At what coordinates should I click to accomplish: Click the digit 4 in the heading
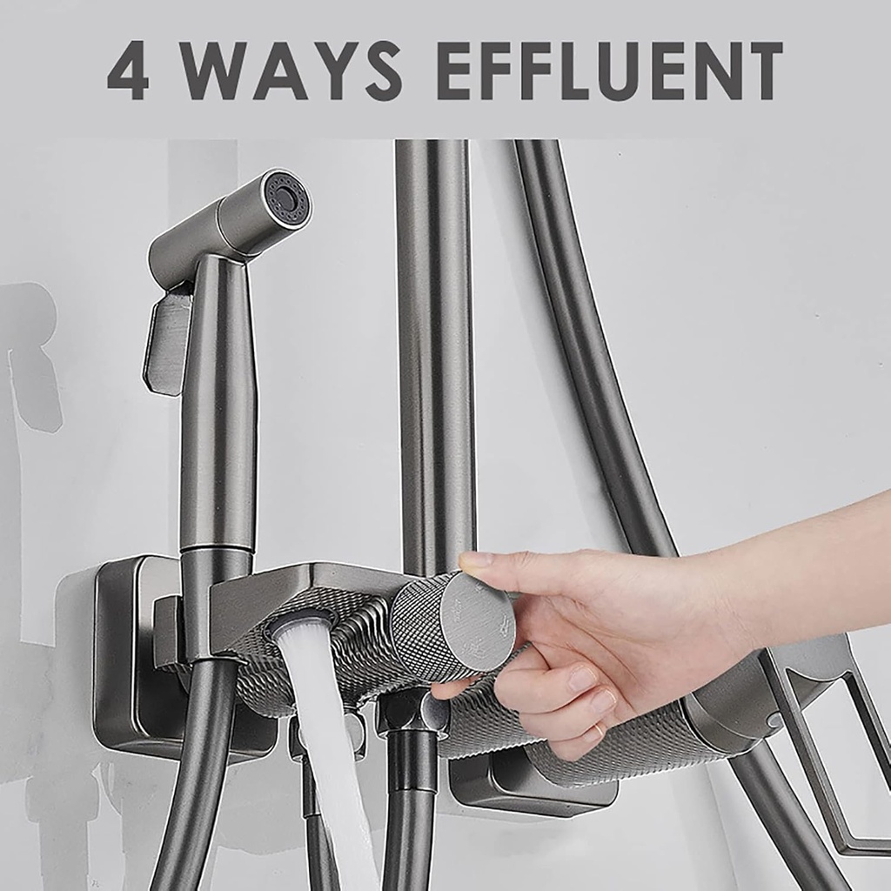pyautogui.click(x=129, y=70)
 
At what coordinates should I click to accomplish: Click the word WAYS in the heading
pyautogui.click(x=293, y=70)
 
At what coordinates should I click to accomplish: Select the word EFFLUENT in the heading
pyautogui.click(x=610, y=70)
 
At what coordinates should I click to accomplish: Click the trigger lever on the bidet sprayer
pyautogui.click(x=166, y=341)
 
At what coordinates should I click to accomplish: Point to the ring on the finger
pyautogui.click(x=600, y=730)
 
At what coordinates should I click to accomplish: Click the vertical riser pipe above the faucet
pyautogui.click(x=435, y=352)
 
